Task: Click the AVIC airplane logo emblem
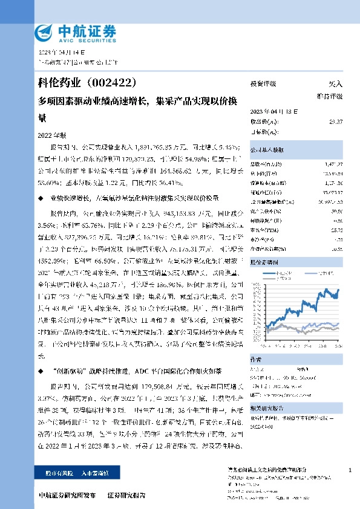[44, 31]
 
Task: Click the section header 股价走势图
[264, 262]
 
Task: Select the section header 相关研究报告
[266, 407]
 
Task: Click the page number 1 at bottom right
[350, 470]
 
